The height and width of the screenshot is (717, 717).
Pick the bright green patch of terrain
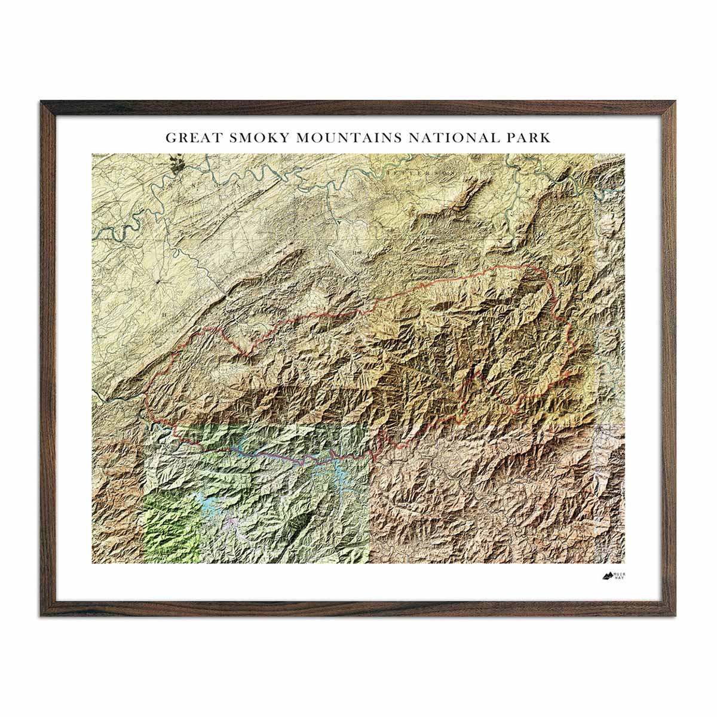167,526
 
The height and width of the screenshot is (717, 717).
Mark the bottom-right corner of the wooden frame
676,615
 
